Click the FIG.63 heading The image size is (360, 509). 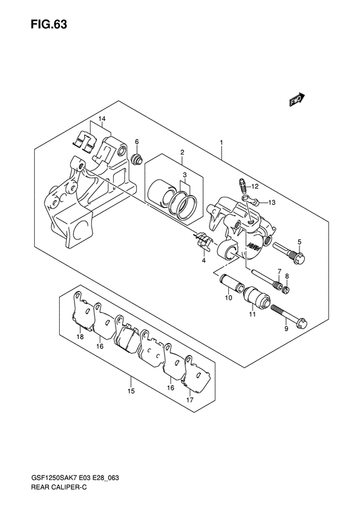pos(49,24)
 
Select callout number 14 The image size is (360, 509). pos(102,120)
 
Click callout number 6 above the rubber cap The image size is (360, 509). pos(136,142)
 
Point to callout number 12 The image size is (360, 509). pos(255,187)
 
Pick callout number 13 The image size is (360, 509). pos(271,203)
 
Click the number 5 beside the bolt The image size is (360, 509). pos(300,241)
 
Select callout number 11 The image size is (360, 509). pos(253,314)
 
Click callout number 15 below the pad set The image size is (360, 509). pos(130,391)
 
